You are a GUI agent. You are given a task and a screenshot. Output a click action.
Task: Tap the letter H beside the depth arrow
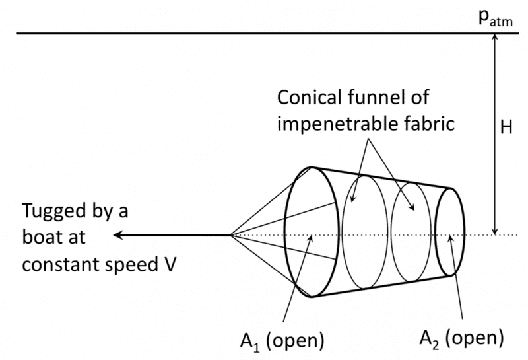point(507,129)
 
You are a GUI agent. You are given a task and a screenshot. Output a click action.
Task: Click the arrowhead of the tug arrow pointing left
point(117,235)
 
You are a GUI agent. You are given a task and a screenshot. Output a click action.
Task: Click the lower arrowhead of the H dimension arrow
point(494,231)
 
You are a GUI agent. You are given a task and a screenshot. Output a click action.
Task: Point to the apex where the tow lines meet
point(230,235)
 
